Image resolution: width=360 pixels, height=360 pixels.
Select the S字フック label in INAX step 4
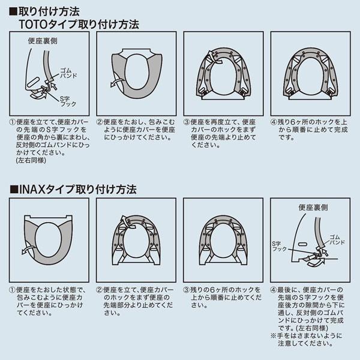click(280, 247)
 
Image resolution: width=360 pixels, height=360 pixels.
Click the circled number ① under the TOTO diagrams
click(14, 121)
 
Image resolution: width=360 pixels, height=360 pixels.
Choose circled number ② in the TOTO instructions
click(100, 121)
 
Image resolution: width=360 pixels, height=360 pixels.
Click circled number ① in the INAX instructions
click(14, 289)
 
